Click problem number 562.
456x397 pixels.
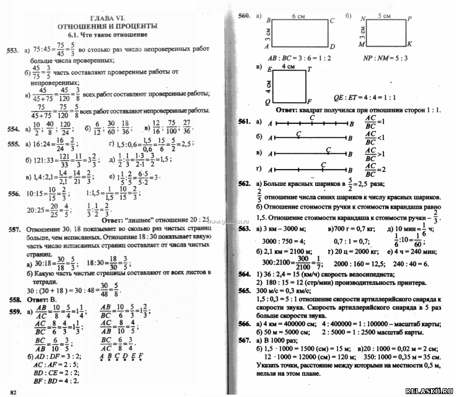pyautogui.click(x=244, y=183)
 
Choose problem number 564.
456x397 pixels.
pyautogui.click(x=244, y=274)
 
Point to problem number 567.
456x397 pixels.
pyautogui.click(x=244, y=340)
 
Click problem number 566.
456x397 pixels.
pyautogui.click(x=244, y=323)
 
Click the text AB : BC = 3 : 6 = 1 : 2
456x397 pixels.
pyautogui.click(x=299, y=58)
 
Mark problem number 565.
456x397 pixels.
pyautogui.click(x=244, y=290)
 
